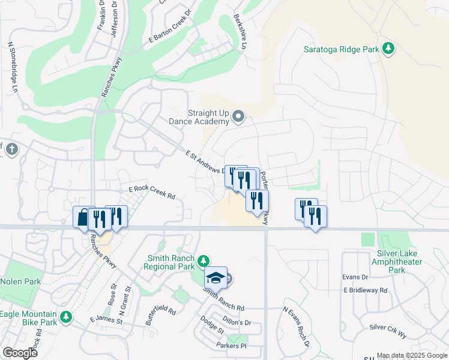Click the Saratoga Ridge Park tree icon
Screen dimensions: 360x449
tap(388, 49)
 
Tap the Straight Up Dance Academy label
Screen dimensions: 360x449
tap(208, 117)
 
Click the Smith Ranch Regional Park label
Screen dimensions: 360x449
tap(171, 263)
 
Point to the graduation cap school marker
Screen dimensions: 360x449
tap(215, 278)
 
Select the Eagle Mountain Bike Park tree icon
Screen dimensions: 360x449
tap(66, 317)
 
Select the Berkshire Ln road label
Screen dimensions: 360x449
tap(240, 33)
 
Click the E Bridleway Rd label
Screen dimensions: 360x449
tap(366, 290)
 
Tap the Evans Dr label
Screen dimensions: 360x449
tap(355, 277)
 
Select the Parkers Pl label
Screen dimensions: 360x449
tap(231, 346)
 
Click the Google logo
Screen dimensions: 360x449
tap(20, 353)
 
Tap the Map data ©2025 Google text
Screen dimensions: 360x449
tap(412, 355)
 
